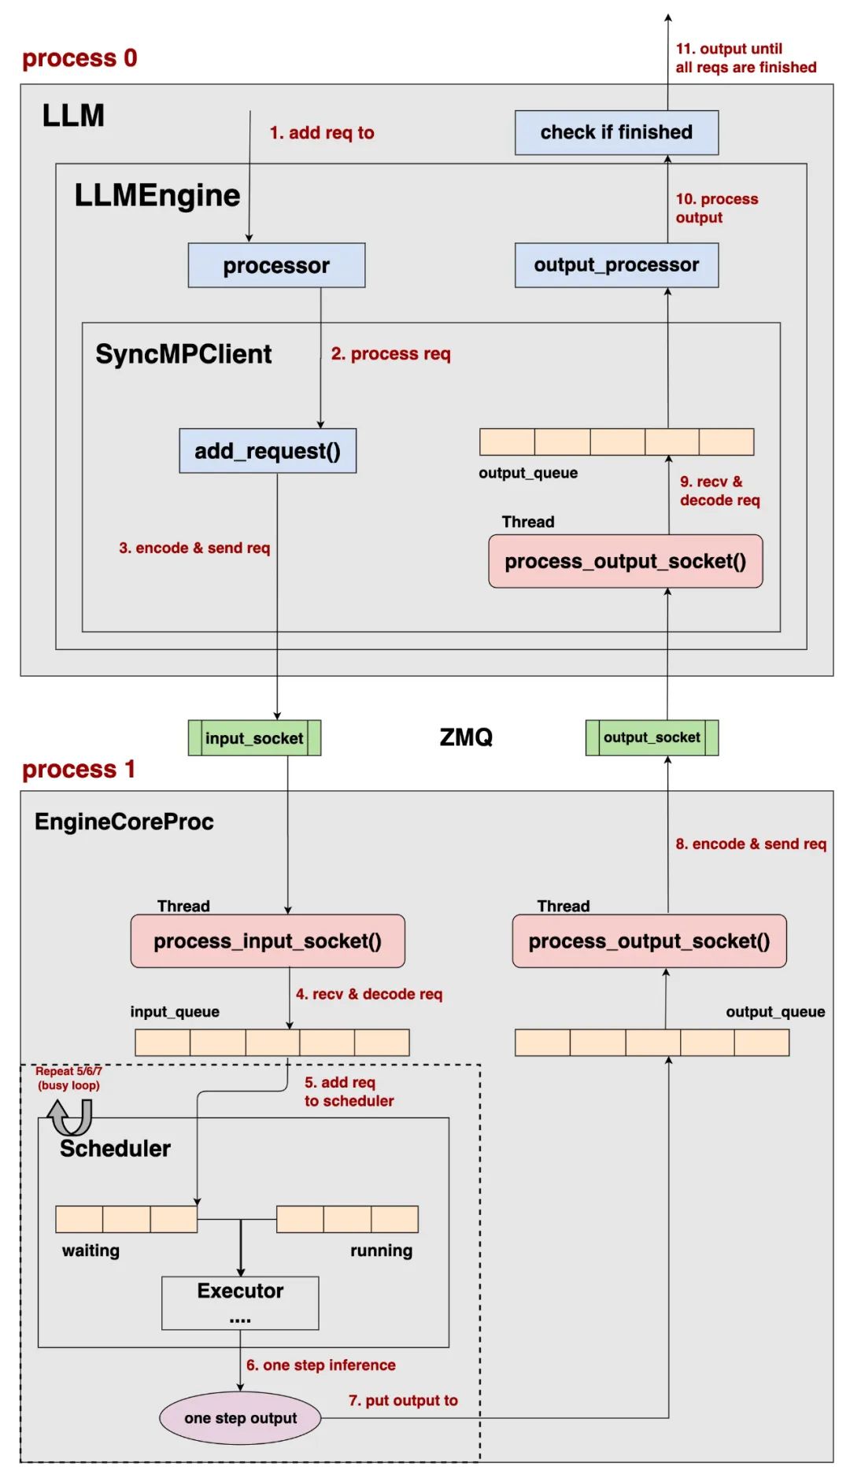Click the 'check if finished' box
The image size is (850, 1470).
tap(616, 132)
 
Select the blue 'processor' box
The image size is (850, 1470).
tap(276, 265)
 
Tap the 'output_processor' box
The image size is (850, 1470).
tap(616, 265)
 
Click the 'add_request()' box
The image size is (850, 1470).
tap(268, 451)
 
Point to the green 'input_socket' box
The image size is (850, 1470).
tap(254, 738)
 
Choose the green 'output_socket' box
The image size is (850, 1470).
tap(652, 737)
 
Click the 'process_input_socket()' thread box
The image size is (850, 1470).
tap(268, 941)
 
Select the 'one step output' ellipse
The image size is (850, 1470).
tap(241, 1418)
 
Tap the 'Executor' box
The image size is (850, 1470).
tap(240, 1303)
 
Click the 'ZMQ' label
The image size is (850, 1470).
tap(466, 737)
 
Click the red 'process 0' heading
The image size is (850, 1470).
tap(79, 58)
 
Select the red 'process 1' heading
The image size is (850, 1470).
tap(79, 769)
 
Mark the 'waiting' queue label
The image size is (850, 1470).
tap(91, 1250)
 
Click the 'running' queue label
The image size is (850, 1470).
tap(381, 1250)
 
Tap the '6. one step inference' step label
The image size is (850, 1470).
tap(321, 1365)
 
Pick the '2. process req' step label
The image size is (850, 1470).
tap(390, 354)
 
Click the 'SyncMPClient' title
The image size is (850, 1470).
tap(183, 354)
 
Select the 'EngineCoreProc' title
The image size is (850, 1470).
tap(124, 822)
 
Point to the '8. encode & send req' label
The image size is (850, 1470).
tap(751, 844)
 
